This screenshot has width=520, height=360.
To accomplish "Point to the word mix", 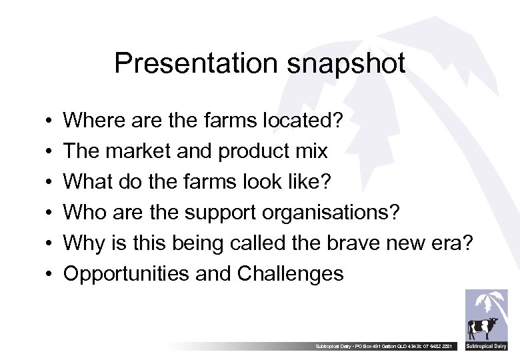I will (311, 151).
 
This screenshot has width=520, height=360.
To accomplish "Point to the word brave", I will (355, 243).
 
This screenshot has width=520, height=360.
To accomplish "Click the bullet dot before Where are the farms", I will (50, 121).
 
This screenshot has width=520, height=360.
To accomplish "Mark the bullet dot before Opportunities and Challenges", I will (50, 275).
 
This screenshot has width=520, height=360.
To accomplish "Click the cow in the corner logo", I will (483, 328).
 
